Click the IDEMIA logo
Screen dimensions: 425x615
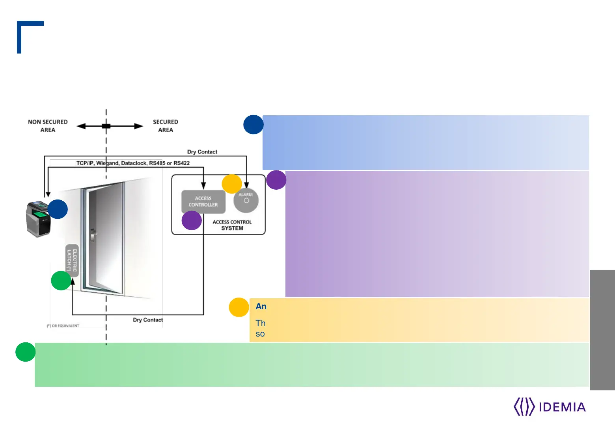(550, 407)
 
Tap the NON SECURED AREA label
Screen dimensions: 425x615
(48, 126)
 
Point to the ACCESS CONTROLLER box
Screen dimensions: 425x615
(203, 201)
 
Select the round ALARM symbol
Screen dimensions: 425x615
(246, 200)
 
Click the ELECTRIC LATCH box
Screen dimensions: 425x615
(72, 260)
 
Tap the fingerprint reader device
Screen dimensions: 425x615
(39, 219)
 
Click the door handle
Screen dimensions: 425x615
(93, 235)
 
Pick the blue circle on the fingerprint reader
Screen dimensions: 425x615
(58, 209)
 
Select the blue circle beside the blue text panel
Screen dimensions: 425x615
(253, 124)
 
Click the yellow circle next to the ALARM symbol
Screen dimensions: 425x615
(232, 184)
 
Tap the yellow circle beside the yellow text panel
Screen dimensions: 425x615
(239, 307)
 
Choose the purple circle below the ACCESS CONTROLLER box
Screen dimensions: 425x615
(192, 220)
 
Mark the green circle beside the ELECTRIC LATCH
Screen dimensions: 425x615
(61, 281)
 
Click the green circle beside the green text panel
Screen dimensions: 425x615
(26, 352)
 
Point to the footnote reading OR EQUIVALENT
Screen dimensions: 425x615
(63, 326)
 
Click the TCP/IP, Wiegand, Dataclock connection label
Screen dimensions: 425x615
(133, 163)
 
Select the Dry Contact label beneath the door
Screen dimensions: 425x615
(148, 320)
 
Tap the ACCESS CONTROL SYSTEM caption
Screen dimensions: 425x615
(232, 225)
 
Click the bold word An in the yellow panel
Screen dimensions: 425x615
(261, 307)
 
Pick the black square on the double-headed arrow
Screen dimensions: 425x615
(106, 126)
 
